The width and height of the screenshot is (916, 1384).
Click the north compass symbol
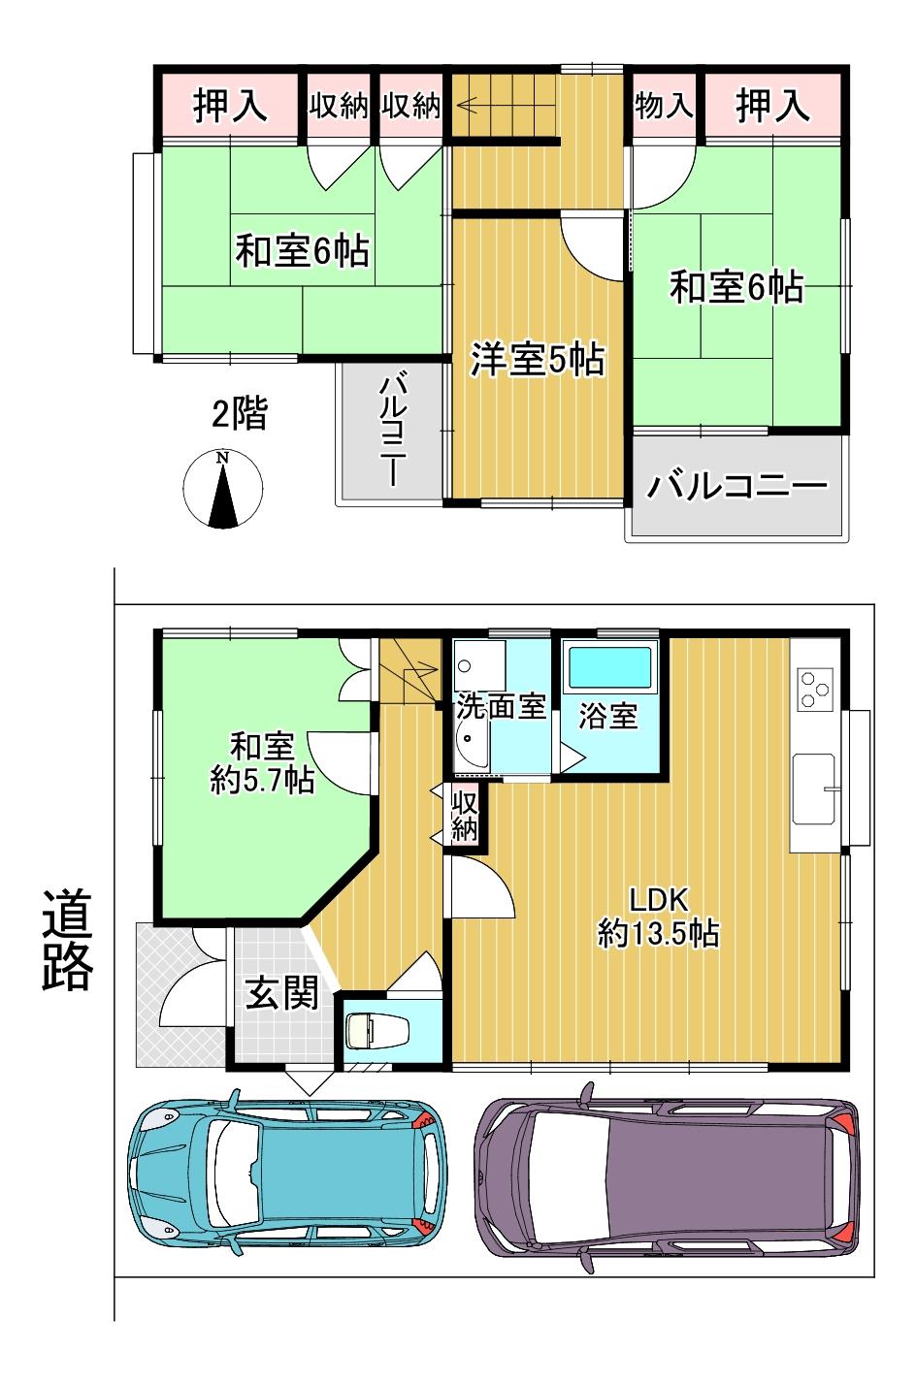(223, 489)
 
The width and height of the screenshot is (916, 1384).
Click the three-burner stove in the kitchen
(815, 689)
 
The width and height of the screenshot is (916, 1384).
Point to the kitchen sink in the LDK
(815, 789)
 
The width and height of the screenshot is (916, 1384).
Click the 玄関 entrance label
(281, 993)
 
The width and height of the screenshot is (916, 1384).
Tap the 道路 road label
(67, 939)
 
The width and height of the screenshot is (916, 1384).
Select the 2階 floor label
(240, 413)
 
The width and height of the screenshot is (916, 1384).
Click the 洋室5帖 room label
(538, 359)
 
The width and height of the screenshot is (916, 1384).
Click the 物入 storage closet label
(663, 106)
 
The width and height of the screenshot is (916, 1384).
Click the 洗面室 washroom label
(502, 707)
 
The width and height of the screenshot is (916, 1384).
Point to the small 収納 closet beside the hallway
(465, 816)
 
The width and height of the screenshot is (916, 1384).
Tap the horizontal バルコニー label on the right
(736, 486)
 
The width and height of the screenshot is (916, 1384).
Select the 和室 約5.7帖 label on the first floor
(262, 763)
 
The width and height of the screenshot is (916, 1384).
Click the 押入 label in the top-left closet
(230, 105)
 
